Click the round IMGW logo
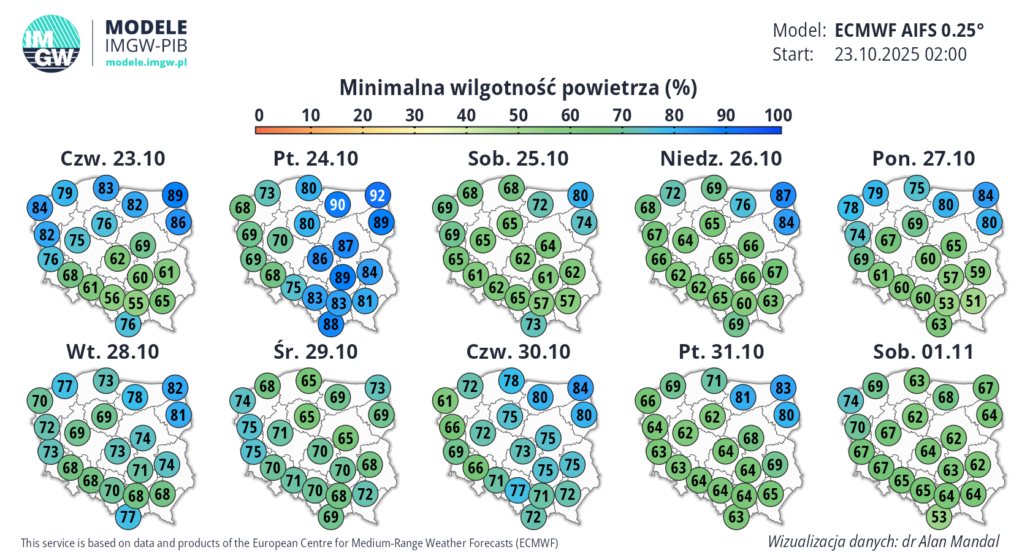point(51,44)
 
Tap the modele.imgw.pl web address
point(146,62)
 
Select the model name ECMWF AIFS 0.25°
point(909,30)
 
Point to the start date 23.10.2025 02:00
point(900,55)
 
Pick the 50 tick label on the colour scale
point(518,115)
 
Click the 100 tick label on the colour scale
point(777,115)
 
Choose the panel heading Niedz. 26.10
point(721,159)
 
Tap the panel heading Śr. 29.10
point(316,352)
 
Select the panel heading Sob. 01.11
point(923,352)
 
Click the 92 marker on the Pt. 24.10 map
point(377,196)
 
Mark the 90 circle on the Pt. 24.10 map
point(337,204)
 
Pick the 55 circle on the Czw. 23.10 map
point(135,303)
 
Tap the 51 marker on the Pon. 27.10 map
point(973,301)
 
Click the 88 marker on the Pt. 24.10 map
point(330,324)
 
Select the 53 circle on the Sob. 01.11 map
point(939,516)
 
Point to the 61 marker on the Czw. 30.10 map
point(444,401)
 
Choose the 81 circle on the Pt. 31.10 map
point(742,397)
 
